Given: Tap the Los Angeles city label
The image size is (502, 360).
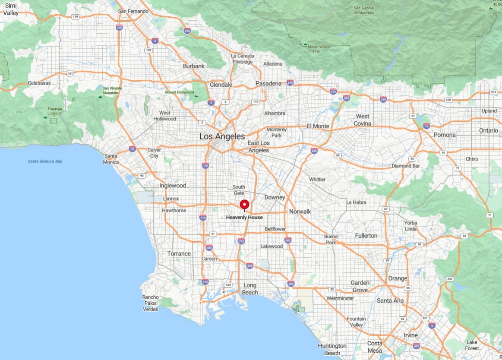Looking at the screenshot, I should coord(222,136).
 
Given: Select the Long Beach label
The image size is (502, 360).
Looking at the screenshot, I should coord(250,289).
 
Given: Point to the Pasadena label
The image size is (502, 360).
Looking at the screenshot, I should coord(268,83).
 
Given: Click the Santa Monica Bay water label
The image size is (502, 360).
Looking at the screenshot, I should coord(45,161).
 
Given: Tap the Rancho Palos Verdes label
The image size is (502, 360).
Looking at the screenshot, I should coord(151,303).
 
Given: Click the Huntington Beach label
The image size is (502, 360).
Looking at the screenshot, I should coord(332,349).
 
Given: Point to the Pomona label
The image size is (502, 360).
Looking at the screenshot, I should coord(445,135).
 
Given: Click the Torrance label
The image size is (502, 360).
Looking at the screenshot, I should coord(179,253).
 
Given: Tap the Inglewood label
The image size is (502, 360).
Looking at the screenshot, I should coord(173,186).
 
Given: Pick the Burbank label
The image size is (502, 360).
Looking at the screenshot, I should coord(194,66).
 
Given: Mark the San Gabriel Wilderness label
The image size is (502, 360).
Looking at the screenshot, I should coord(364,10).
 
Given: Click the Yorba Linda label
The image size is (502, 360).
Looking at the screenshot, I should coord(410,226).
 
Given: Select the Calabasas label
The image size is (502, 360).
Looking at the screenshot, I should coord(39,83).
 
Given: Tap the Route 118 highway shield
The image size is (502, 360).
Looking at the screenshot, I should coord(76,16).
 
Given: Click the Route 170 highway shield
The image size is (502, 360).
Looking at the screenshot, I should coord(148,51).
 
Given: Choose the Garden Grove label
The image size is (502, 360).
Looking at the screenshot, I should coord(360,286).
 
